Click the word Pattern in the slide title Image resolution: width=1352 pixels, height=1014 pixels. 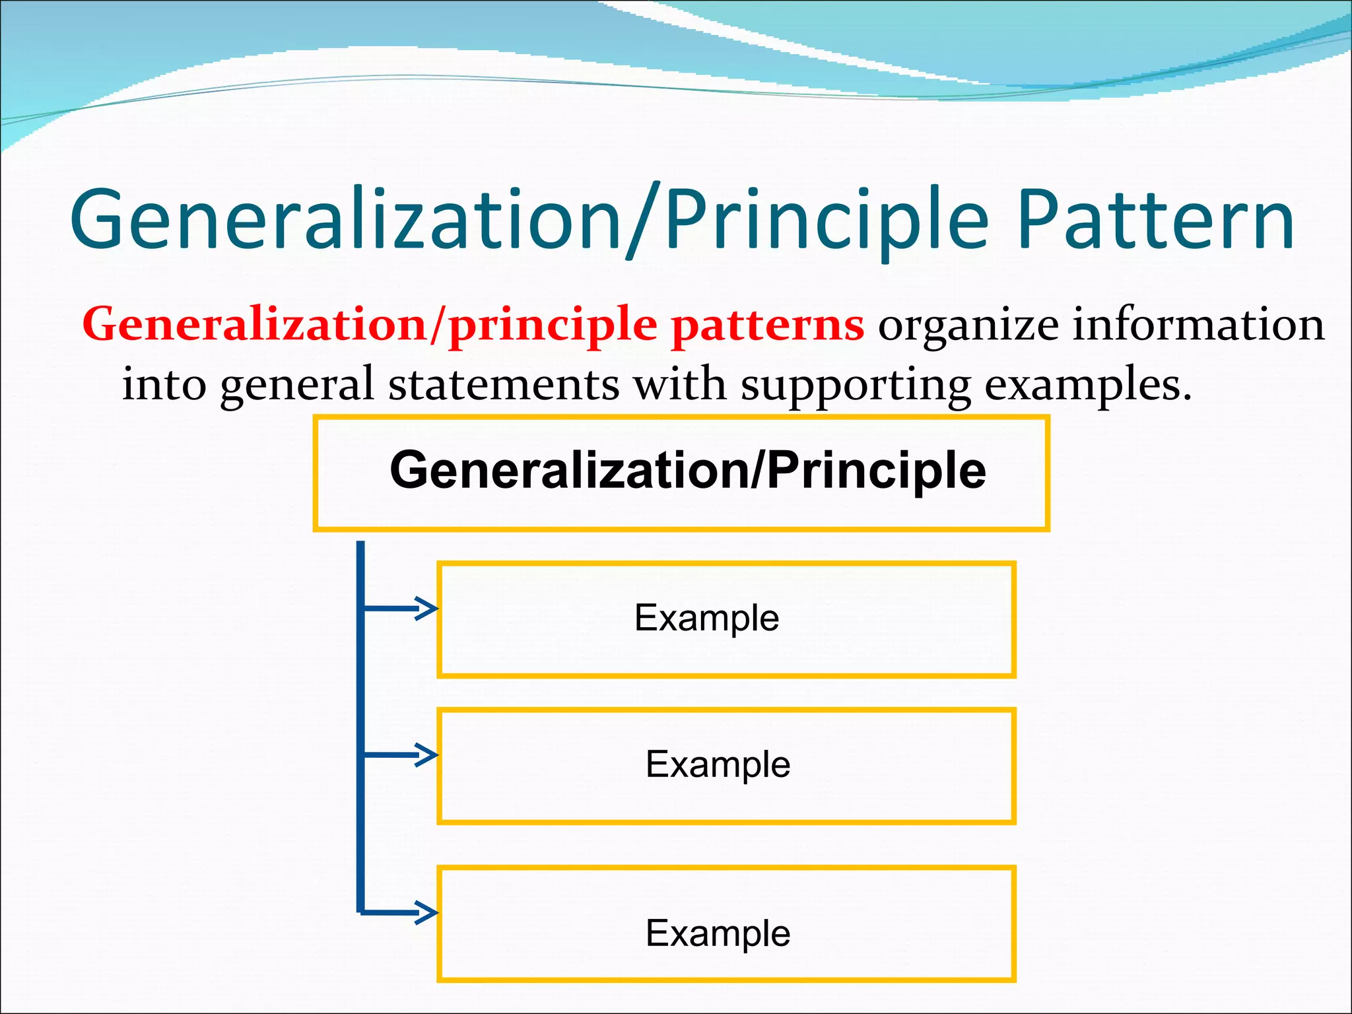coord(1155,220)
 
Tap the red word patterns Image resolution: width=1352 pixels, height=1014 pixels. coord(767,325)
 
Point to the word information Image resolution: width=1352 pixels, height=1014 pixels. coord(1198,325)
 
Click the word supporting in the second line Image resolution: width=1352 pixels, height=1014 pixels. coord(856,385)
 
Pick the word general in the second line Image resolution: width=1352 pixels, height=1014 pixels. coord(297,385)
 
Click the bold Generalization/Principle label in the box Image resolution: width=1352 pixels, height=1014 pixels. coord(688,470)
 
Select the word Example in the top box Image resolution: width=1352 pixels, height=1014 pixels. coord(706,618)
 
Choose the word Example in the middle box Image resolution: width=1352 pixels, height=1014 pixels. coord(718,764)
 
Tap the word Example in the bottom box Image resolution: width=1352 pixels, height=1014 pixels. coord(718,933)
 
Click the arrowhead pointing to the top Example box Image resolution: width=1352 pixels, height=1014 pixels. coord(427,608)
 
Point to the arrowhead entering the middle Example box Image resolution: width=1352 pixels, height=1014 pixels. coord(427,755)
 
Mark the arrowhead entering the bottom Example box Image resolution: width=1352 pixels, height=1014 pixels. coord(427,913)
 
